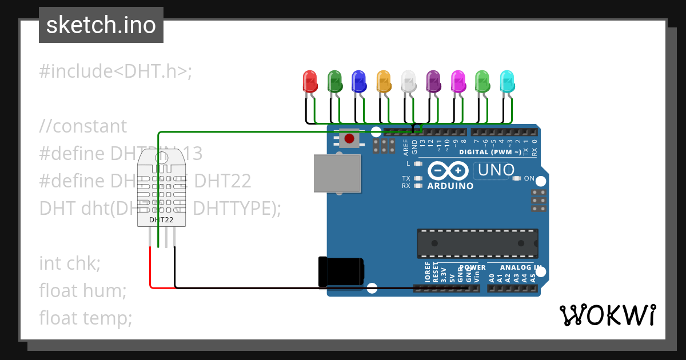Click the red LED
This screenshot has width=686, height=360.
tap(309, 82)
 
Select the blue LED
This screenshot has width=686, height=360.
tap(358, 82)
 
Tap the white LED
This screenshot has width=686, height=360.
tap(408, 82)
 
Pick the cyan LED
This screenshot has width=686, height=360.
tap(507, 82)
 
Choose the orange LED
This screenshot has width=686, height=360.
tap(384, 82)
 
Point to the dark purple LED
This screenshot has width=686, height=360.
tap(433, 82)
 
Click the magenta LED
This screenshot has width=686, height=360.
tap(458, 82)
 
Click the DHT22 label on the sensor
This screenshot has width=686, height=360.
tap(161, 219)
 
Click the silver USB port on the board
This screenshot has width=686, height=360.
tap(337, 174)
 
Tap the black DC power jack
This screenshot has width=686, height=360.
tap(341, 271)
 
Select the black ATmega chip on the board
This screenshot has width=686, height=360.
tap(477, 243)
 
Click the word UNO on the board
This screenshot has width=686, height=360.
tap(496, 170)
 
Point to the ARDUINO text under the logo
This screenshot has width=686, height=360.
tap(450, 186)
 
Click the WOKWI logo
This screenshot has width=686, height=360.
tap(607, 315)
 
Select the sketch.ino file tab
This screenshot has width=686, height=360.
tap(101, 25)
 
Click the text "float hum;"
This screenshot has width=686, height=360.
tap(83, 291)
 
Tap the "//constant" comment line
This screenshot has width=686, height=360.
tap(83, 126)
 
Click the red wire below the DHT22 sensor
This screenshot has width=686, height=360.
tap(151, 269)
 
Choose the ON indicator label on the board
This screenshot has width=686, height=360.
tap(529, 179)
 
